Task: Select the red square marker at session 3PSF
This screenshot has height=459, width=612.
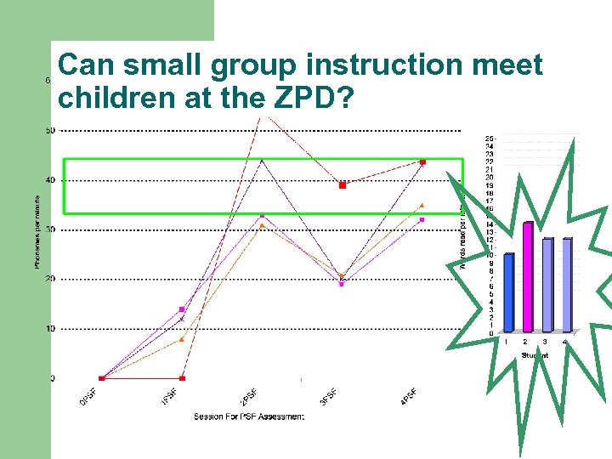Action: pos(343,184)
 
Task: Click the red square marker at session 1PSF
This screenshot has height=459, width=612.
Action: pos(182,378)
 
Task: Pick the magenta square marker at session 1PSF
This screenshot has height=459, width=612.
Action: pos(182,309)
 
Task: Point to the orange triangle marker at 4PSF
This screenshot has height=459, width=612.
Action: pos(422,205)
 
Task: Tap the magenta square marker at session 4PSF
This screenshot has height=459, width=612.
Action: pos(422,219)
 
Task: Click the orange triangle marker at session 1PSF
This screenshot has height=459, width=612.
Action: pos(182,339)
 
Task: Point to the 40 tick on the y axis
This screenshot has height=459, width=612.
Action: pos(50,179)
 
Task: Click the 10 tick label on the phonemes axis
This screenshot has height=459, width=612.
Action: pos(50,329)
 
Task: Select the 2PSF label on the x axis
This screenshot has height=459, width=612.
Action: pos(248,397)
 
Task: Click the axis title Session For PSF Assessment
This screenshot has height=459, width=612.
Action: pos(249,416)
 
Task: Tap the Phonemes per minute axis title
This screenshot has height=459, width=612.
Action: pos(37,229)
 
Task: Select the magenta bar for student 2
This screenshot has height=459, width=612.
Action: pos(527,276)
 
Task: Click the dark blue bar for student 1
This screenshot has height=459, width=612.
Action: pos(508,292)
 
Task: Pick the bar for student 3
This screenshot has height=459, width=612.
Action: pos(547,285)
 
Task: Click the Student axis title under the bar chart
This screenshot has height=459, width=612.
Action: pos(535,354)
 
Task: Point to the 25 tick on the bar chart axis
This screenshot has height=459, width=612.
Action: pos(490,138)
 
